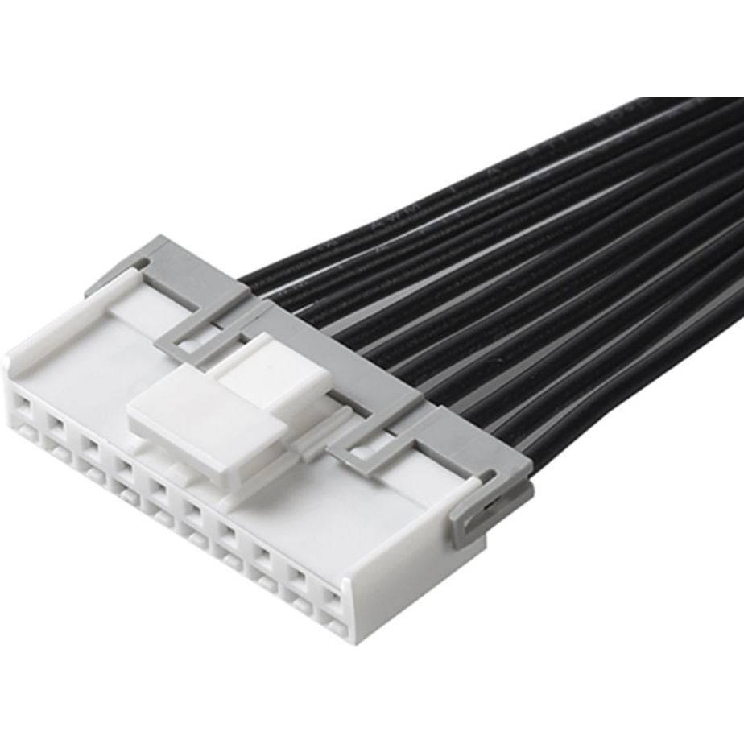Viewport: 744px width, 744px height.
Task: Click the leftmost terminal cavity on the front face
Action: (23, 402)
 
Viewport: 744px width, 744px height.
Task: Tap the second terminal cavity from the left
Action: (56, 421)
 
